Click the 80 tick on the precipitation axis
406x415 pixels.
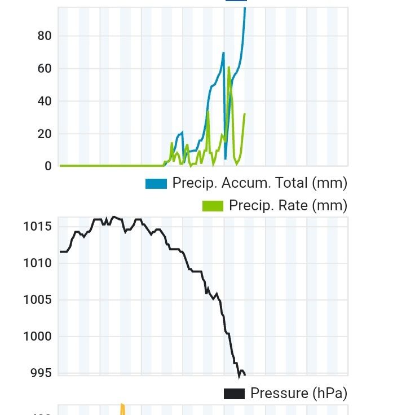(44, 36)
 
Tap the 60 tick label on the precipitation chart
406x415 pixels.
(44, 69)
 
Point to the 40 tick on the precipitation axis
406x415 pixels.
(44, 101)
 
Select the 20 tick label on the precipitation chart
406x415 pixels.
(44, 134)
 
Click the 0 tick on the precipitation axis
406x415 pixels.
(47, 166)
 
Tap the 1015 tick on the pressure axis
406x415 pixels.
(37, 227)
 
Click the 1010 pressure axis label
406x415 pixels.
(37, 263)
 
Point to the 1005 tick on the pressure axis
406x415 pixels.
(37, 300)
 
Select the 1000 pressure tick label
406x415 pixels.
(37, 337)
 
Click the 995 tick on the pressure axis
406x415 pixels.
(41, 373)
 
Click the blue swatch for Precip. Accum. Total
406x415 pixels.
(156, 183)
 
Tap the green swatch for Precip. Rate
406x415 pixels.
(213, 206)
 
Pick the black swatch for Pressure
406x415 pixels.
(234, 393)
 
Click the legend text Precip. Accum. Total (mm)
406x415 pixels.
(259, 183)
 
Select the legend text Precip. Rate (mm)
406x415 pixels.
(288, 206)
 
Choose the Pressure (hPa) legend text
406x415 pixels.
(298, 393)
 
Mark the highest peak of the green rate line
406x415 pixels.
(228, 67)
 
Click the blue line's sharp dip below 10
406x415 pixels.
(226, 158)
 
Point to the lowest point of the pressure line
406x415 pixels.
(239, 377)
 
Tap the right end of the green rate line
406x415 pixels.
(245, 114)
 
